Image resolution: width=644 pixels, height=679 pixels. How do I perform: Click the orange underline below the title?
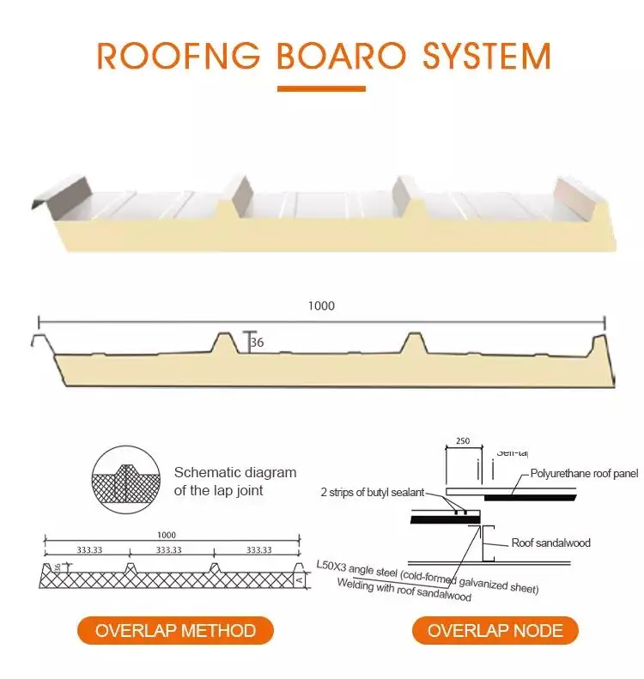click(321, 88)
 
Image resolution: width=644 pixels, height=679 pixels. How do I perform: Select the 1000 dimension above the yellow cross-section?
click(321, 306)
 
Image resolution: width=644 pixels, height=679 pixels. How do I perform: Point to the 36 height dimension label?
click(257, 343)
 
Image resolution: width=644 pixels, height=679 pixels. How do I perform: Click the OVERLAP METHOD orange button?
click(175, 631)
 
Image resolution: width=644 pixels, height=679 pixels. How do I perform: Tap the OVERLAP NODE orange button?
click(495, 631)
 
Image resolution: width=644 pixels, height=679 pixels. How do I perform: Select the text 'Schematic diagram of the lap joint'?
click(234, 482)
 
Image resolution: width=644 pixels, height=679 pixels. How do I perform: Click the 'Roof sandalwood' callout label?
click(550, 543)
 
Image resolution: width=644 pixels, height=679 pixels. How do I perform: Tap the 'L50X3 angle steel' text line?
click(427, 576)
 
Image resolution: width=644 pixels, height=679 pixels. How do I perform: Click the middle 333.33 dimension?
click(168, 550)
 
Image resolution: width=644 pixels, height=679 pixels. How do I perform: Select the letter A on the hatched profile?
click(298, 580)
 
